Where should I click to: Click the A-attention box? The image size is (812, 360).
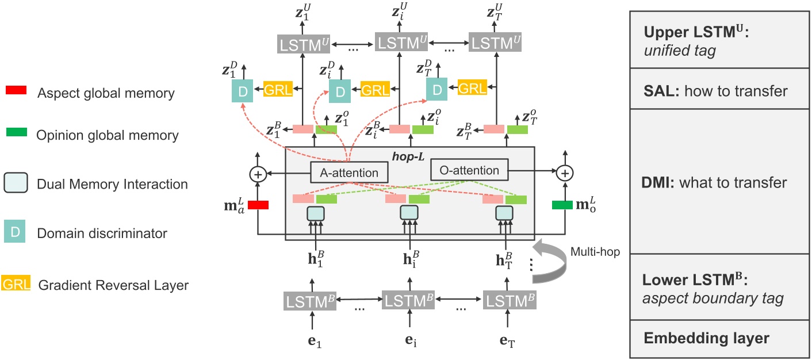pos(350,172)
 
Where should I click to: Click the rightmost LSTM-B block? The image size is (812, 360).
pos(509,300)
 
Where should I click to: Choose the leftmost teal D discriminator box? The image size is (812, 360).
pos(242,91)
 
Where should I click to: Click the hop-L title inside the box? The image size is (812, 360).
pos(409,155)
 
